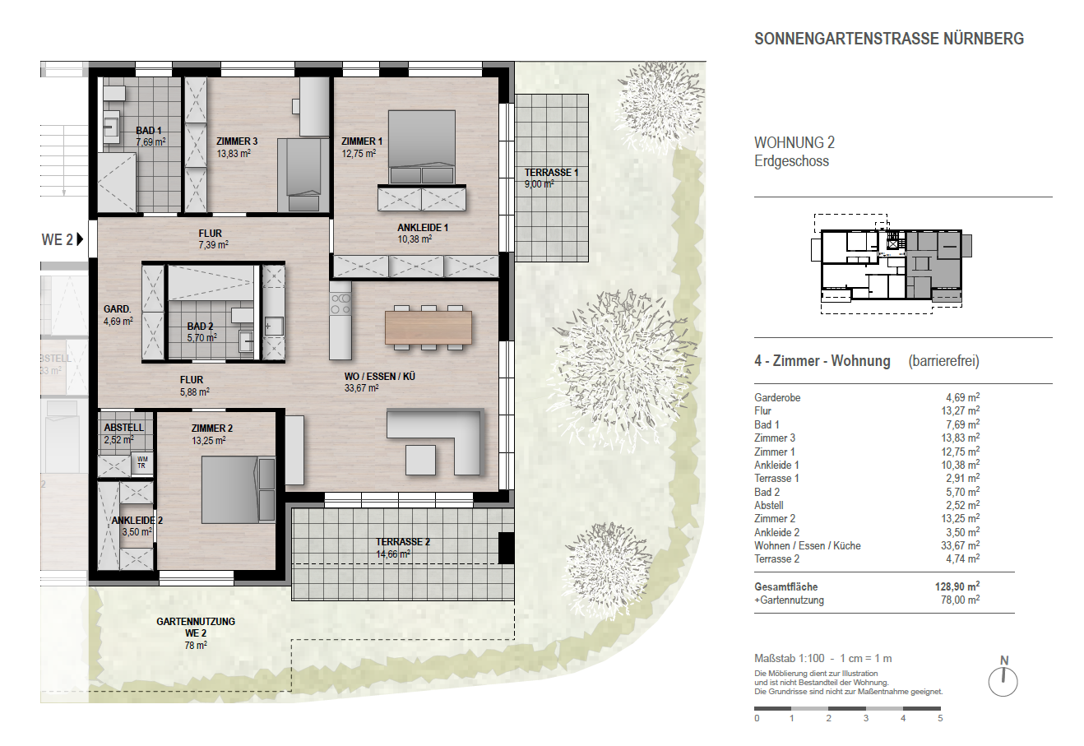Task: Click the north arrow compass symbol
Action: (x=1003, y=681)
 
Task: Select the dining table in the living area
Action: (x=429, y=327)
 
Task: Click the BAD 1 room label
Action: (x=149, y=130)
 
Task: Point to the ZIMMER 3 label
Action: (x=237, y=141)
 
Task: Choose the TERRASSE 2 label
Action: (x=403, y=542)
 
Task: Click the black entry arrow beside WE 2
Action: (x=80, y=239)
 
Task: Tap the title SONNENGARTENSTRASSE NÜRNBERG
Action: (x=889, y=39)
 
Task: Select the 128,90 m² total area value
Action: (x=957, y=586)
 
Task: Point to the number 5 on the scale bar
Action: (x=940, y=718)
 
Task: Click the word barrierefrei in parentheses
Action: (x=943, y=361)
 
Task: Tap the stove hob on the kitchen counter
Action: (x=340, y=303)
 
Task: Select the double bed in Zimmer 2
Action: (x=238, y=490)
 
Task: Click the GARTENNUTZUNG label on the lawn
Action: (x=196, y=622)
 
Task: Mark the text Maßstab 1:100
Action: (x=790, y=658)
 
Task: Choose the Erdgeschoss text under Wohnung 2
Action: (x=791, y=161)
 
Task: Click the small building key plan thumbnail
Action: (x=892, y=264)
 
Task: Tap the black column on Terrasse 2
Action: (x=506, y=548)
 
